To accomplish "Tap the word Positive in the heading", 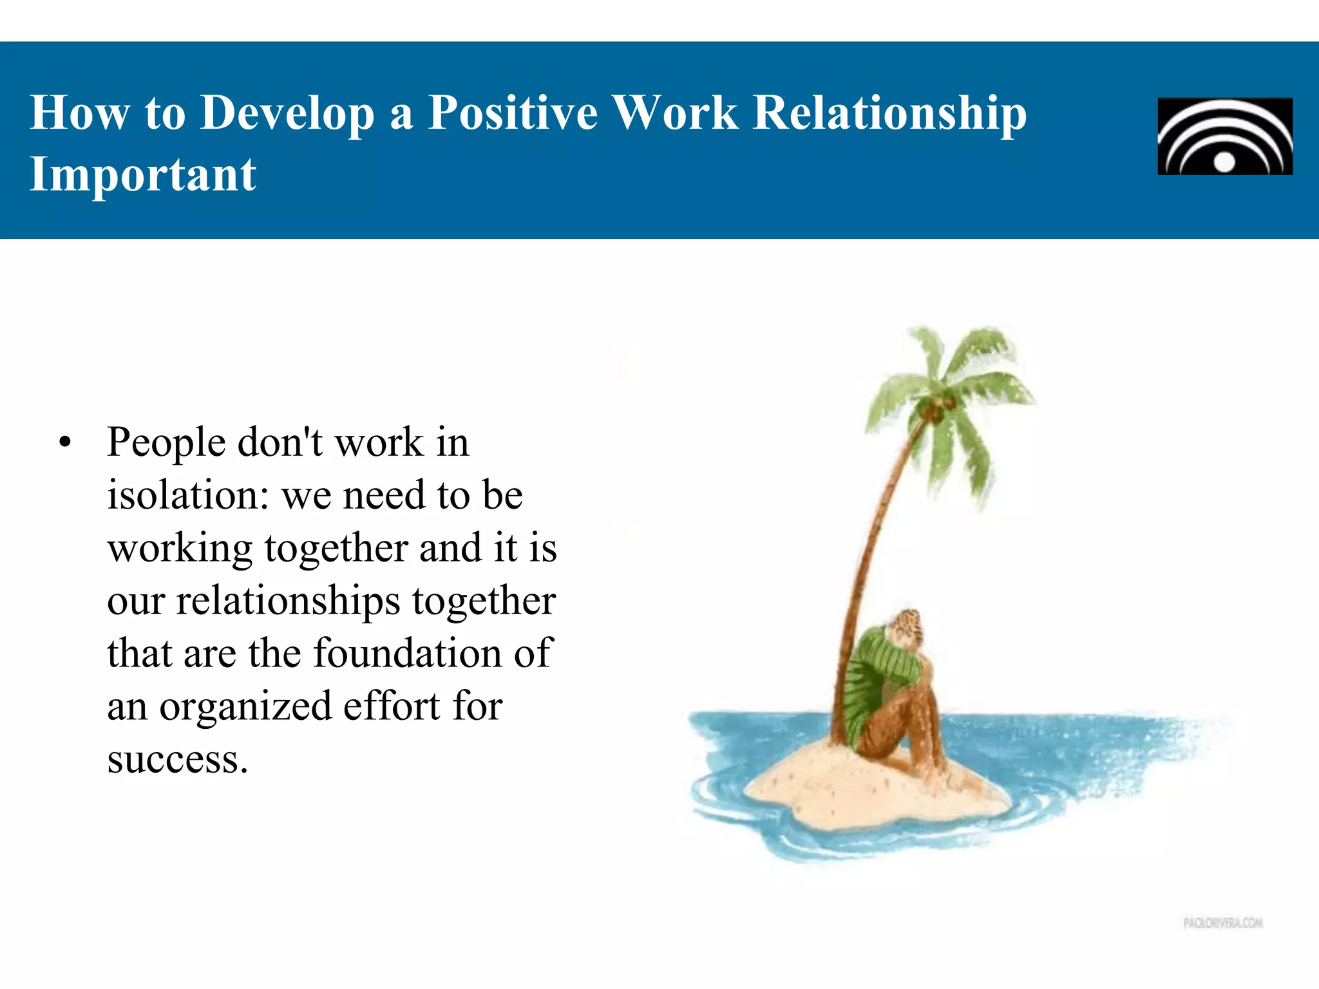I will click(513, 113).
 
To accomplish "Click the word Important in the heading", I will click(143, 174).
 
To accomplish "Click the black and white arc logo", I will click(1224, 136).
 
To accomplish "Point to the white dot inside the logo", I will click(1224, 162).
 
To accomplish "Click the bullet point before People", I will click(64, 443).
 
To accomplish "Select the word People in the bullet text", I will click(166, 443).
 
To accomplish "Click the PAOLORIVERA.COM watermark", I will click(1222, 923).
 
